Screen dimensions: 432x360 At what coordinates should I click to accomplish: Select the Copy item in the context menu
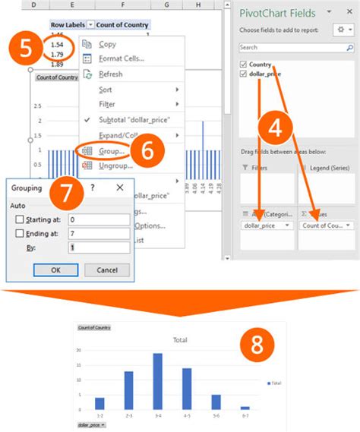(x=107, y=45)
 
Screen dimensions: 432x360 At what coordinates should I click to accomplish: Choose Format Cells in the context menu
(x=121, y=58)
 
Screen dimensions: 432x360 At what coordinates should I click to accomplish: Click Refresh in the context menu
(x=110, y=74)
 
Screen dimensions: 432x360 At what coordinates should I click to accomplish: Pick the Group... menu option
(x=112, y=151)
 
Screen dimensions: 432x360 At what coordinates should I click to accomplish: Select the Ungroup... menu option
(x=115, y=165)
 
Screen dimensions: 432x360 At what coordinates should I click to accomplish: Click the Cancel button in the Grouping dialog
(x=106, y=270)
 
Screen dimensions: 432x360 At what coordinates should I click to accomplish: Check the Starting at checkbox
(x=20, y=220)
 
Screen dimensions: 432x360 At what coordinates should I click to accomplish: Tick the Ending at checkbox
(x=20, y=234)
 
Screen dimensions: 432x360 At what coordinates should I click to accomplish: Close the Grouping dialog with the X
(x=120, y=188)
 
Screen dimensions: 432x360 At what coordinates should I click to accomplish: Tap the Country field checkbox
(x=244, y=65)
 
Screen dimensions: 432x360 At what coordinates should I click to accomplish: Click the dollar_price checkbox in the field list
(x=244, y=74)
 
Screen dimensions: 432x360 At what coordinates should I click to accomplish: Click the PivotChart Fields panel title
(x=279, y=13)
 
